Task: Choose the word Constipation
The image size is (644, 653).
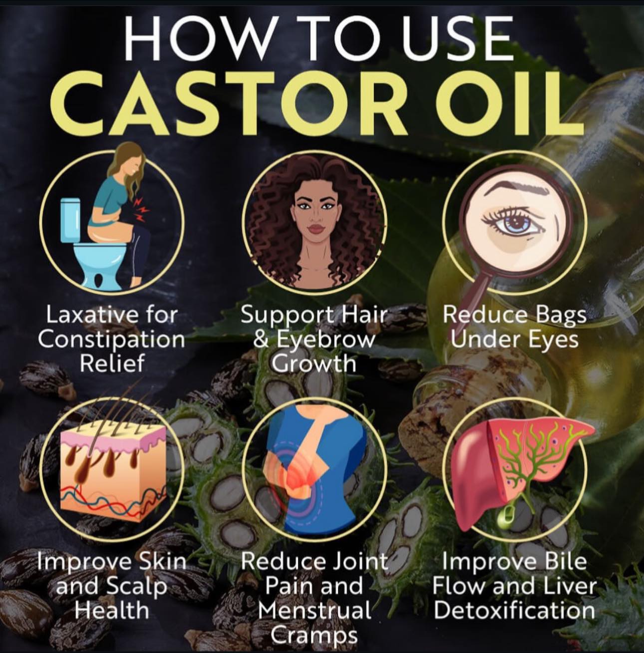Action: pyautogui.click(x=111, y=339)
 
